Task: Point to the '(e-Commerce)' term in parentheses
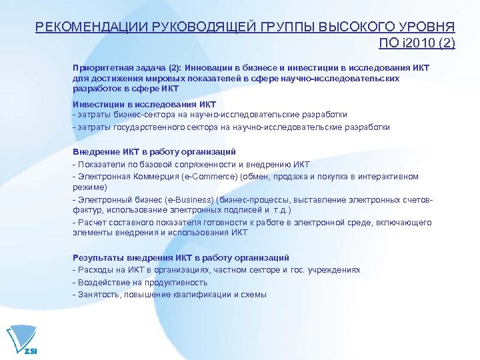[x=189, y=177]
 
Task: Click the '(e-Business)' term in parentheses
[x=187, y=200]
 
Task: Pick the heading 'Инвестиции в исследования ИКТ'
[x=144, y=105]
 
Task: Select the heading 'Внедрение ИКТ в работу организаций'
[x=154, y=152]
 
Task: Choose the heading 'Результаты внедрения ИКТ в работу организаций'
[x=181, y=257]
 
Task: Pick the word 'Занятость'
[x=100, y=294]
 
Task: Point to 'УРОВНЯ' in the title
[x=427, y=27]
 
